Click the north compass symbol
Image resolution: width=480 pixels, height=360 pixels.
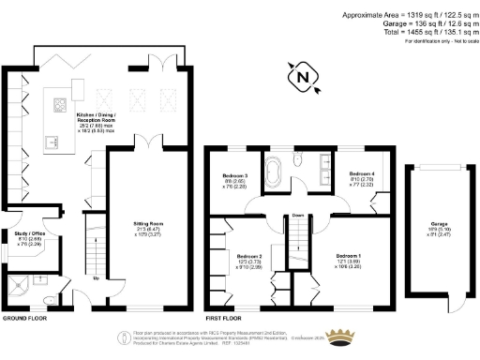[x=304, y=78]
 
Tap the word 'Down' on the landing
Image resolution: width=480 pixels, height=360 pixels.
[x=299, y=214]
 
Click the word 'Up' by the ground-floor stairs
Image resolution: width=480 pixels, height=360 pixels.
[x=96, y=277]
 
